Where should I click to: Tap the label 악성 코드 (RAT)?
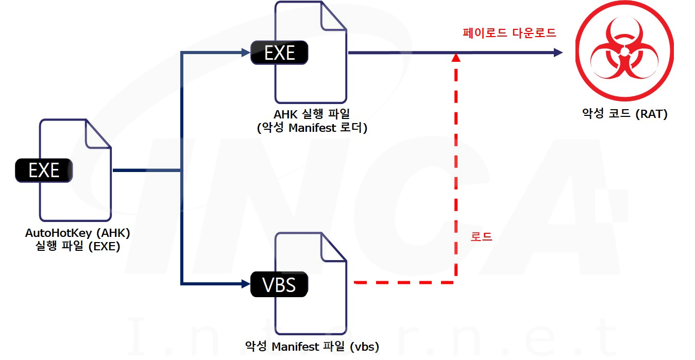pyautogui.click(x=623, y=114)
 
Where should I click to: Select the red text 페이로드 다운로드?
pyautogui.click(x=508, y=33)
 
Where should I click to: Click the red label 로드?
pyautogui.click(x=481, y=237)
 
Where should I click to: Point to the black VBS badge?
pyautogui.click(x=279, y=284)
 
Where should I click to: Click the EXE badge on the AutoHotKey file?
pyautogui.click(x=44, y=170)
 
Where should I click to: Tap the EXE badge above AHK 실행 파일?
pyautogui.click(x=279, y=53)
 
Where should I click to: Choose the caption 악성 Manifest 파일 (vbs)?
pyautogui.click(x=312, y=347)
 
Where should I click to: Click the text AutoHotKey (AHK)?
pyautogui.click(x=77, y=233)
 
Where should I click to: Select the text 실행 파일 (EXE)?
pyautogui.click(x=77, y=246)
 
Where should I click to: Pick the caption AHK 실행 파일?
pyautogui.click(x=312, y=115)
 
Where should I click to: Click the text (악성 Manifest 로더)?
pyautogui.click(x=312, y=128)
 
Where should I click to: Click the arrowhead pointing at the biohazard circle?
pyautogui.click(x=556, y=52)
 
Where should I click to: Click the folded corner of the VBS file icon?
pyautogui.click(x=334, y=246)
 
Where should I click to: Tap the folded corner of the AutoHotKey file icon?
pyautogui.click(x=98, y=133)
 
